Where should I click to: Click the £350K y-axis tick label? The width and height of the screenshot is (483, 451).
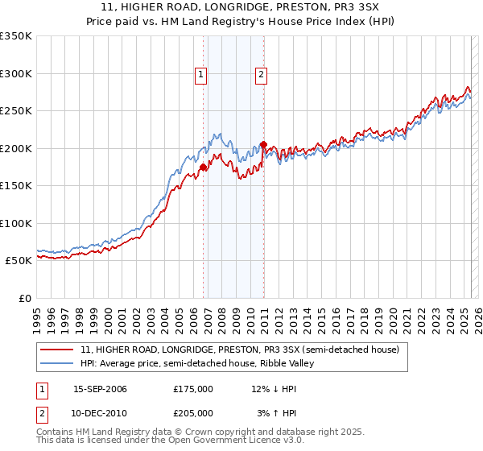16,36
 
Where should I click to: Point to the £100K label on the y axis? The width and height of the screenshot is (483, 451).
16,223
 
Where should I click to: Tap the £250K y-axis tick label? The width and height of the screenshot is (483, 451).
16,111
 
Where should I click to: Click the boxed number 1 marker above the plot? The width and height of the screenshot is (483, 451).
200,76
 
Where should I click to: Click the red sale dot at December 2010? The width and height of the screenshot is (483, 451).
263,145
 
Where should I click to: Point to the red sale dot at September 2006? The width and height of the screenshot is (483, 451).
203,168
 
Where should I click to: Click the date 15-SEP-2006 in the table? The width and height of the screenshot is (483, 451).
100,389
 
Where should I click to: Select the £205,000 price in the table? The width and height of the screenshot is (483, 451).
193,412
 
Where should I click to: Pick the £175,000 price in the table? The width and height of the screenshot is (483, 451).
193,389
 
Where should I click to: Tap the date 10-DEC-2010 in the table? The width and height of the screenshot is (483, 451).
100,412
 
